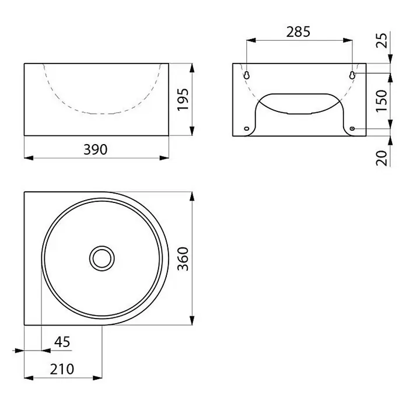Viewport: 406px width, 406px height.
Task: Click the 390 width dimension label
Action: pyautogui.click(x=95, y=149)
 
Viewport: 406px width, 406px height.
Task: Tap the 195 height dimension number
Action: pyautogui.click(x=183, y=99)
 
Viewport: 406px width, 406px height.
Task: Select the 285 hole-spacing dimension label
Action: pyautogui.click(x=298, y=32)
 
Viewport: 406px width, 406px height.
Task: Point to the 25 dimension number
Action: pyautogui.click(x=381, y=40)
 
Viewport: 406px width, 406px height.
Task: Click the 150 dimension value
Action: pyautogui.click(x=381, y=101)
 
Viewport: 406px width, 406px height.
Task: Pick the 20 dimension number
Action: pyautogui.click(x=381, y=158)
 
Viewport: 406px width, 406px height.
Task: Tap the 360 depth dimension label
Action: pyautogui.click(x=183, y=258)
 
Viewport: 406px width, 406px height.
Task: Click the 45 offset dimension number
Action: pyautogui.click(x=62, y=342)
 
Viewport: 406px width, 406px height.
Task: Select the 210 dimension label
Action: pyautogui.click(x=62, y=369)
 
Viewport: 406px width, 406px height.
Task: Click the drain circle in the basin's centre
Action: pyautogui.click(x=101, y=258)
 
